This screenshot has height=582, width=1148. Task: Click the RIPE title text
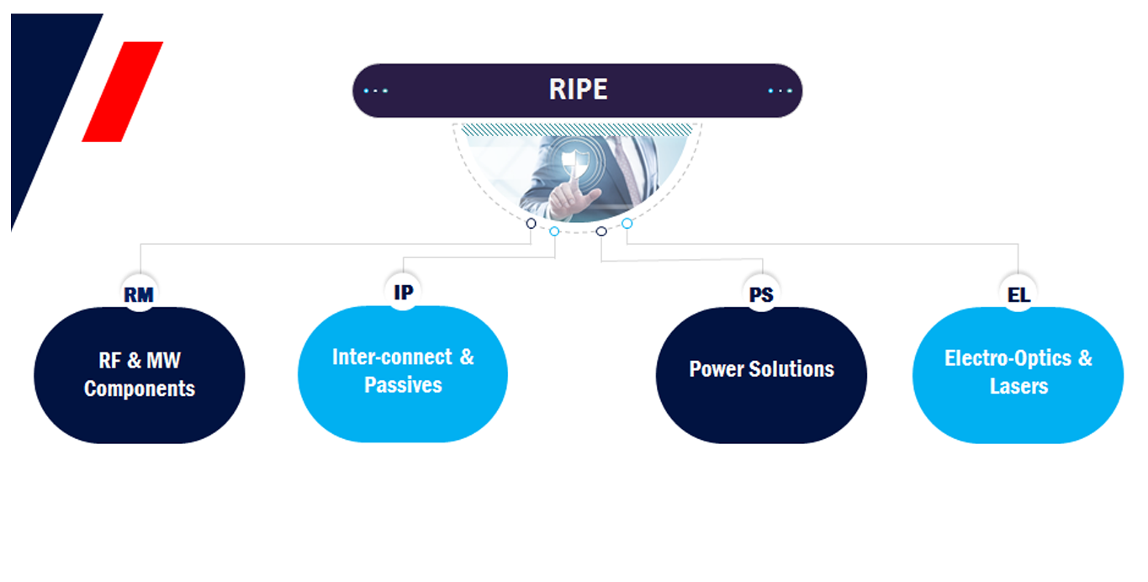click(x=578, y=90)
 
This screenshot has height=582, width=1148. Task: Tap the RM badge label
click(x=139, y=295)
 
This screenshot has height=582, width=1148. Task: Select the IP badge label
click(x=404, y=292)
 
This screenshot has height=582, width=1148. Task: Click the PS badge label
click(x=761, y=295)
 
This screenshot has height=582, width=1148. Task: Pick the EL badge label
click(x=1018, y=295)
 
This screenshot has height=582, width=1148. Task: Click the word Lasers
click(x=1018, y=387)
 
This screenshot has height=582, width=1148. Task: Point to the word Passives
click(x=403, y=385)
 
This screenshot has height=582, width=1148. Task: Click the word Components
click(x=140, y=389)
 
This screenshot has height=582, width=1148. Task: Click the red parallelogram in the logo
click(x=123, y=91)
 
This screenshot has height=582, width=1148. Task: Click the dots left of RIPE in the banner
click(x=376, y=91)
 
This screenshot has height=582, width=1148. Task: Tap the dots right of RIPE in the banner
click(x=780, y=91)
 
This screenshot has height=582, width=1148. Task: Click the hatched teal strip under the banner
click(x=578, y=129)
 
